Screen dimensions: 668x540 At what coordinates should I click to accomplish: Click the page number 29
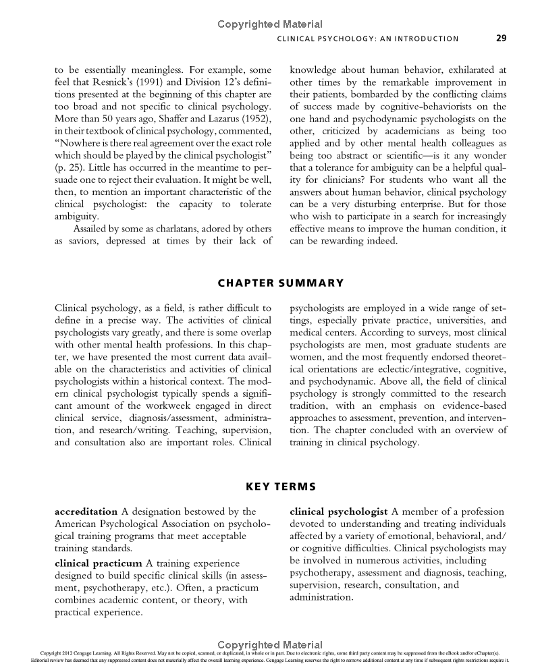pyautogui.click(x=501, y=38)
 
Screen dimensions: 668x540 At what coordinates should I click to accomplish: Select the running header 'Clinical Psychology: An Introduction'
pyautogui.click(x=368, y=39)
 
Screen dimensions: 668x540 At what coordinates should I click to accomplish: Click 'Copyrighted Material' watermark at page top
pyautogui.click(x=270, y=24)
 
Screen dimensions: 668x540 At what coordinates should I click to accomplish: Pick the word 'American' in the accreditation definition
pyautogui.click(x=76, y=524)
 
